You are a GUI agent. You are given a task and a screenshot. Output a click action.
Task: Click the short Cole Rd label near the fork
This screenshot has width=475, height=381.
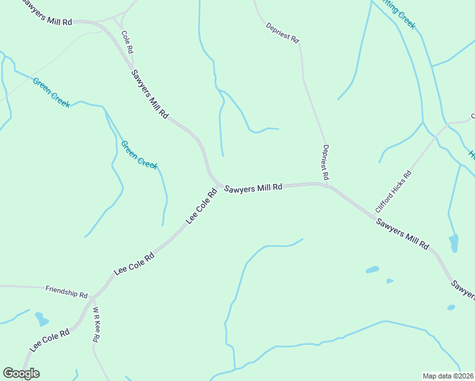(127, 42)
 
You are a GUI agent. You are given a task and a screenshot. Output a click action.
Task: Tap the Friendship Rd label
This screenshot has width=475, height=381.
(67, 291)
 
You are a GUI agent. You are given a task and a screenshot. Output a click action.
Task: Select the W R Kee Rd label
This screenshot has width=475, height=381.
(96, 325)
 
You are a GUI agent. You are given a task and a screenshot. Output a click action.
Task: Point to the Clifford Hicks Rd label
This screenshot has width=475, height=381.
(394, 190)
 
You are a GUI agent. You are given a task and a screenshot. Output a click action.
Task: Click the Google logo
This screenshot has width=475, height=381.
(21, 373)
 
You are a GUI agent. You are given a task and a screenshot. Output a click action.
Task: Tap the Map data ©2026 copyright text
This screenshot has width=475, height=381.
(448, 376)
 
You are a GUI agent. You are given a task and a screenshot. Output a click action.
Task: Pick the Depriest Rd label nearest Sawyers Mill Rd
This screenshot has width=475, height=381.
(325, 162)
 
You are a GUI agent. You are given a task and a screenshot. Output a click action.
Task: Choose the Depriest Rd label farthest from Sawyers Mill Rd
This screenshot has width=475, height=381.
(283, 32)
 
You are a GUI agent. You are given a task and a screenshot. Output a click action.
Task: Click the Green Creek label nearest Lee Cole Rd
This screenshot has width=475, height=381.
(139, 154)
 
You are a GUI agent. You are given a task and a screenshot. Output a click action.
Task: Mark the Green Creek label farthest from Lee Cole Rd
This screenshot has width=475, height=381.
(51, 93)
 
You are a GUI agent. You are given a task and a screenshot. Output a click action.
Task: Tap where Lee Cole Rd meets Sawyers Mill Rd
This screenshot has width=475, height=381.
(220, 186)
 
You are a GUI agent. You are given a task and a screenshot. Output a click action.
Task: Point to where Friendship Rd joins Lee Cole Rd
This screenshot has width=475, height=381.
(93, 297)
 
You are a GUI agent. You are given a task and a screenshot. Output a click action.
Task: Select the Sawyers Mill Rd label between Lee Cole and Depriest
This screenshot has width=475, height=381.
(253, 188)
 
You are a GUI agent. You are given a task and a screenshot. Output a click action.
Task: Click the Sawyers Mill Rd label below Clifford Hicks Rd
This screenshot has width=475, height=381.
(403, 234)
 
